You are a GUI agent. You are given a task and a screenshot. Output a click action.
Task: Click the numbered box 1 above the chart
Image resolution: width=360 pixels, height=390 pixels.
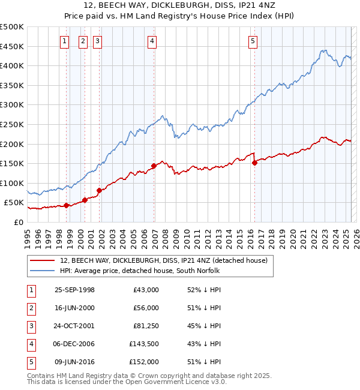(64, 41)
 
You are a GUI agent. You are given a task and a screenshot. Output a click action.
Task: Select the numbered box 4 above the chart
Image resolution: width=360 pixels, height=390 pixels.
(152, 41)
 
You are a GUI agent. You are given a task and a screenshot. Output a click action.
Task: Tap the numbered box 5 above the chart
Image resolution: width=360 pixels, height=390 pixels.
(253, 41)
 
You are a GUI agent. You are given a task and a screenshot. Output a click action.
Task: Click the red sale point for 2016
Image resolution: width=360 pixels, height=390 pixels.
(254, 163)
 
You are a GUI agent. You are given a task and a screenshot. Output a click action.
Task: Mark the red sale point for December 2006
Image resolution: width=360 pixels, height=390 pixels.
(154, 166)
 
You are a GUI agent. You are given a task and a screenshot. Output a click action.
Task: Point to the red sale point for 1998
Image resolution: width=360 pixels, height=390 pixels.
(67, 205)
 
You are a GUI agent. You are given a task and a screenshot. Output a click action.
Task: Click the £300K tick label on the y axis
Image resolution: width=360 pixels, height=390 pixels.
(12, 105)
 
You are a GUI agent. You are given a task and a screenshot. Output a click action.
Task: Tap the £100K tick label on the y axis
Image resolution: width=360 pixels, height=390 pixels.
(12, 183)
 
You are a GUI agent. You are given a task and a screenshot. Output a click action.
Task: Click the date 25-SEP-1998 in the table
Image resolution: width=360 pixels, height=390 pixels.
(74, 290)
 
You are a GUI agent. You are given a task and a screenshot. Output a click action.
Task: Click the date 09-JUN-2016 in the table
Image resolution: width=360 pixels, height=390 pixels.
(74, 362)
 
